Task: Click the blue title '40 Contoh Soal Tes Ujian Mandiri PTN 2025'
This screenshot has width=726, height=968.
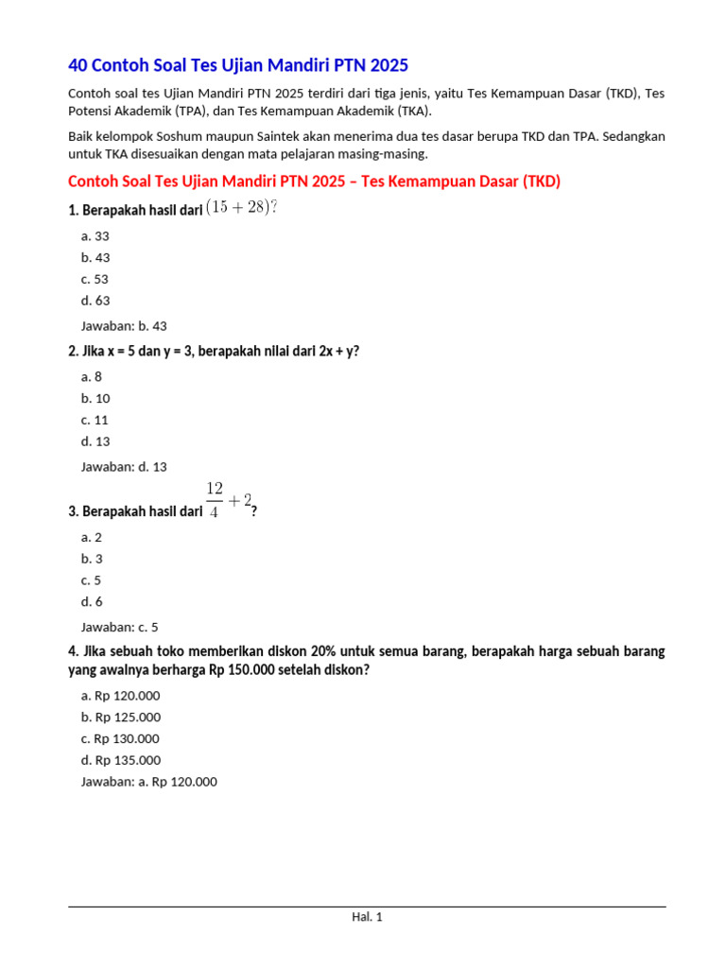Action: (238, 65)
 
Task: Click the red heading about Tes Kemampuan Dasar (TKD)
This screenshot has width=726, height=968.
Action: (314, 181)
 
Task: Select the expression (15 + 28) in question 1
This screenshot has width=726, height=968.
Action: (241, 208)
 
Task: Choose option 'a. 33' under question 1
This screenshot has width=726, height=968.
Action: (95, 236)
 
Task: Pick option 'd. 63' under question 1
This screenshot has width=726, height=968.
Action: (95, 301)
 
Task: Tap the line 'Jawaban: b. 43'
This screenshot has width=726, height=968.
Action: (124, 326)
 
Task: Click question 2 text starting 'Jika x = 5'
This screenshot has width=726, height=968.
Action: (214, 352)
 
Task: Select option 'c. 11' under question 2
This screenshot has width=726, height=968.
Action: (95, 420)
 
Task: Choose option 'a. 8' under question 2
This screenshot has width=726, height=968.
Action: (92, 377)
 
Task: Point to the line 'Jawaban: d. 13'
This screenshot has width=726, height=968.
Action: (124, 467)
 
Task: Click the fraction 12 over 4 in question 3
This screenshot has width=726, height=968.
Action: (215, 500)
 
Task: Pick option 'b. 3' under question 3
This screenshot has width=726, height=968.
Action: (92, 559)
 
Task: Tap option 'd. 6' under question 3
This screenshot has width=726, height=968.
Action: (92, 601)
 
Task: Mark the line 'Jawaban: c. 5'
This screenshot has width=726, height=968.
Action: (120, 627)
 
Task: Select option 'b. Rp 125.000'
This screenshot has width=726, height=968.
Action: (121, 717)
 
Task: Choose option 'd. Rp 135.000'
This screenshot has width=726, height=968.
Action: (121, 760)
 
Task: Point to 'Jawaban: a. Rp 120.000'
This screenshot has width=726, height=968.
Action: (149, 782)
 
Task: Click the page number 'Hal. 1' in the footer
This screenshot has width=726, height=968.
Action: (367, 917)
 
